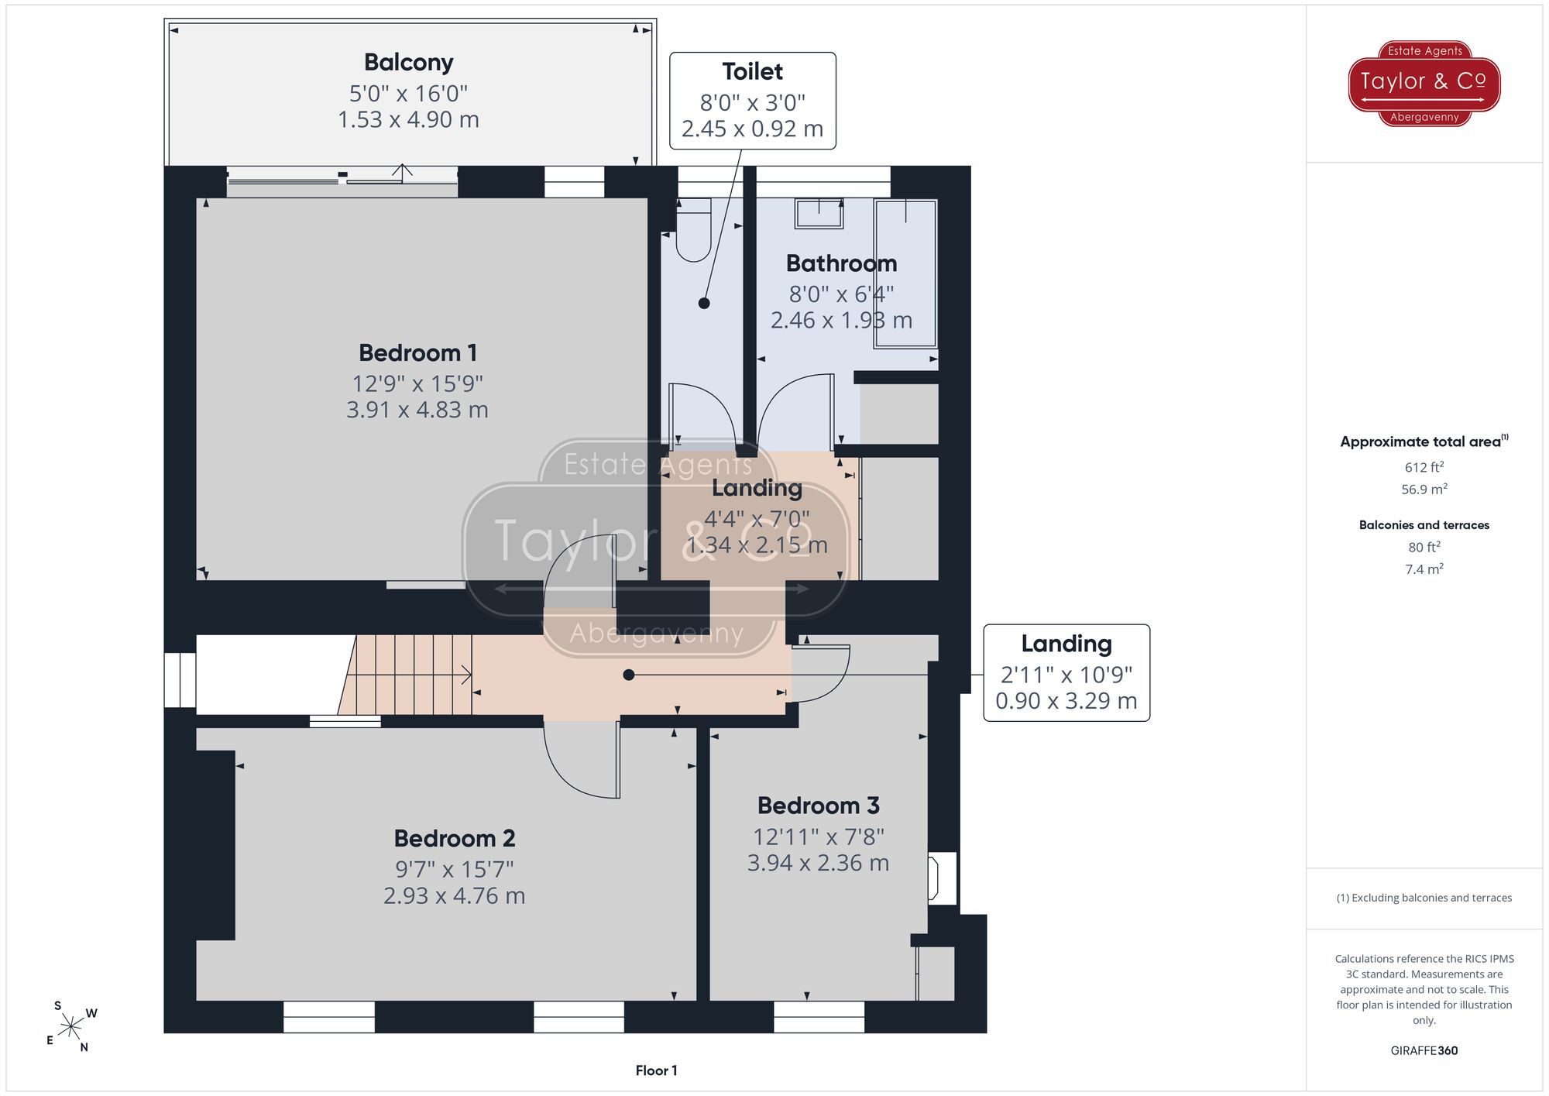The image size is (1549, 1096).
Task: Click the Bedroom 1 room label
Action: (417, 353)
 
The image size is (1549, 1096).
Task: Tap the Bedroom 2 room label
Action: (455, 839)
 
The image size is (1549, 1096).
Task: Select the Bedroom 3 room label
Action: (819, 806)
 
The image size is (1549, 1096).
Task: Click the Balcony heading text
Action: (409, 63)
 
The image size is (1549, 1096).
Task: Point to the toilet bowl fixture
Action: (693, 230)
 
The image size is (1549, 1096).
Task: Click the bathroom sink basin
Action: (819, 214)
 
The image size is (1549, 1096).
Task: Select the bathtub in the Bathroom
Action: (905, 273)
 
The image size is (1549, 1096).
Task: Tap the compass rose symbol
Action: (71, 1027)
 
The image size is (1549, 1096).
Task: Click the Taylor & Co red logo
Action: (1424, 84)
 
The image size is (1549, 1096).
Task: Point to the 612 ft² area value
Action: (1424, 467)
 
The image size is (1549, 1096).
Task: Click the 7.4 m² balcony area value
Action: (1424, 569)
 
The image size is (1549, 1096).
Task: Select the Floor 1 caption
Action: (656, 1070)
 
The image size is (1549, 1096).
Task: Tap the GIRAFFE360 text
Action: (1424, 1051)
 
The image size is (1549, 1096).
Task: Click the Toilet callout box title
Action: (753, 72)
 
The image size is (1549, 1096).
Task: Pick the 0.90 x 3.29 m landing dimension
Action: (1066, 701)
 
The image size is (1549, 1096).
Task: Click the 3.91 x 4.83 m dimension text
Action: (417, 410)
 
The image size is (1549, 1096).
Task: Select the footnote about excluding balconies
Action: (1424, 898)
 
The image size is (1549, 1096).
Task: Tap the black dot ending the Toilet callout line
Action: (704, 304)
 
